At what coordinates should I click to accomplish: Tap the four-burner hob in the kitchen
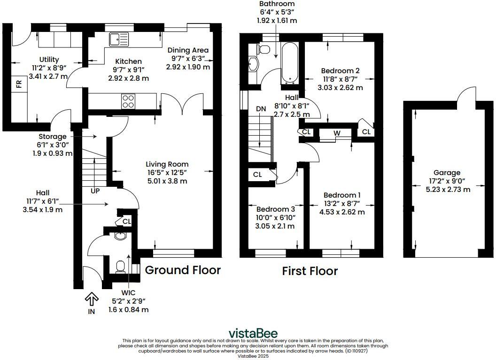click(128, 101)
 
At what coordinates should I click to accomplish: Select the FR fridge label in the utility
click(19, 84)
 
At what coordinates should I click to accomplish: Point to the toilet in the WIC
click(120, 266)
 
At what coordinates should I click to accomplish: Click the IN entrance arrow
click(91, 299)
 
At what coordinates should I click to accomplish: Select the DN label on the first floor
click(261, 109)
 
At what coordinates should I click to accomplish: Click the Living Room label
click(167, 164)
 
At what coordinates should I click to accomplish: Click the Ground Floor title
click(183, 270)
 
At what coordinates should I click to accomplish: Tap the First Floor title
click(310, 271)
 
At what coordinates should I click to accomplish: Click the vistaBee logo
click(253, 333)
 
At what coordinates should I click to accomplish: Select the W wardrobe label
click(337, 133)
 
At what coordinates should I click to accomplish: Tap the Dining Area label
click(189, 50)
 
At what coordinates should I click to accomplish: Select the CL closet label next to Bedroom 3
click(257, 175)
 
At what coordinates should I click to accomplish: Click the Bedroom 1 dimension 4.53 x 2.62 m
click(341, 212)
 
